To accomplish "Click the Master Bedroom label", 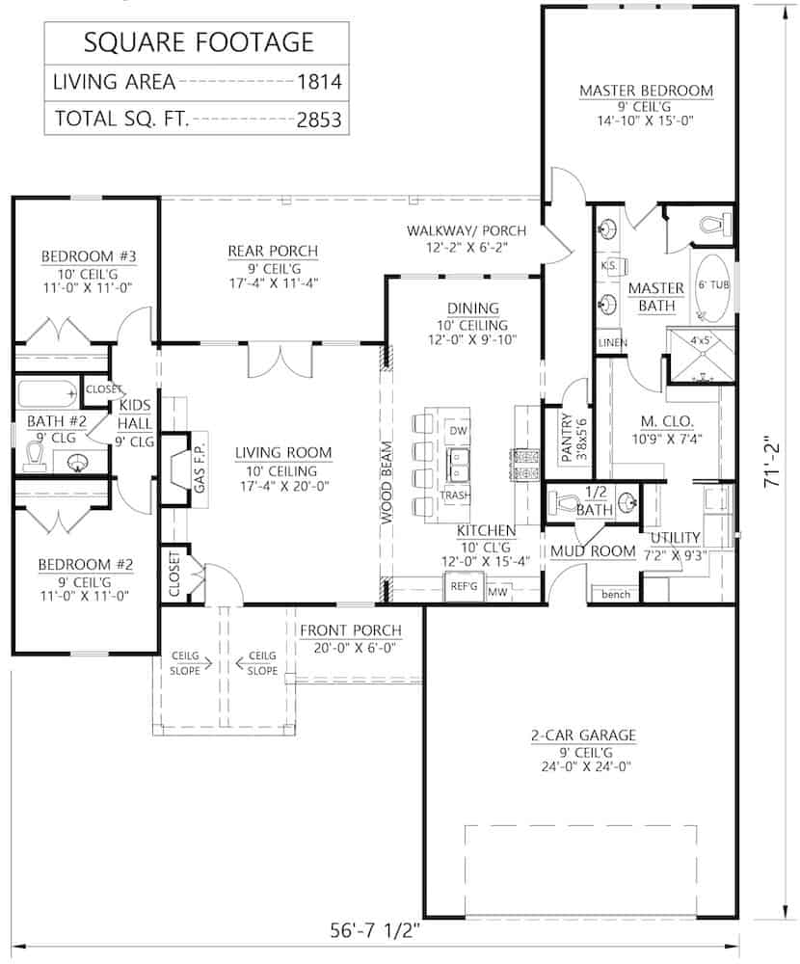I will [x=646, y=91].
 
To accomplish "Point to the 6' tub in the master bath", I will [x=712, y=287].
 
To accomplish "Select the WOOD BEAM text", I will [x=386, y=482].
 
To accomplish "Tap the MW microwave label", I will [x=498, y=591].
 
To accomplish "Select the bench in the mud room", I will [x=615, y=594].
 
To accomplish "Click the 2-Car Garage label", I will [x=583, y=735].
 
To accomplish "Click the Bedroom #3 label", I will [x=88, y=256].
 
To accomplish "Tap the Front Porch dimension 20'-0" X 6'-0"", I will [x=350, y=649].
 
